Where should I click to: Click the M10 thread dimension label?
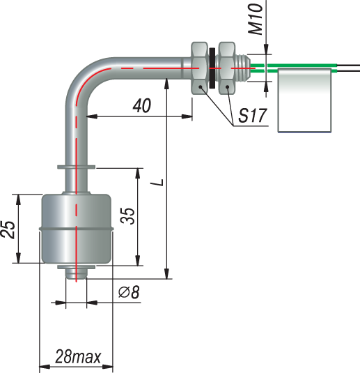coord(256,20)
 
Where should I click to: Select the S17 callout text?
coord(252,116)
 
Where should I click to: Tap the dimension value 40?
coord(141,105)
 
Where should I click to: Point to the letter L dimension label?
coord(157,182)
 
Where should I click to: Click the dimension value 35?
coord(127,215)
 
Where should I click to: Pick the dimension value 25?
coord(8,229)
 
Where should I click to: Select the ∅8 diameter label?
coord(129,292)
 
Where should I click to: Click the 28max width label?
coord(78,356)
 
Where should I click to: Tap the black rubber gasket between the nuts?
coord(212,68)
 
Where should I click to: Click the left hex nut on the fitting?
coord(200,68)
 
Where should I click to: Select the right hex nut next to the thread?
coord(227,68)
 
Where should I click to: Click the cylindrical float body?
coord(76,229)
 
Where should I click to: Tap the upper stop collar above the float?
coord(76,167)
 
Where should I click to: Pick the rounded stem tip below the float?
coord(76,274)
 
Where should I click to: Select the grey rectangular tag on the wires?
coord(304,100)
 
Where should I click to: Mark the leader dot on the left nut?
coord(201,87)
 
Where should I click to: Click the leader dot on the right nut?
coord(228,87)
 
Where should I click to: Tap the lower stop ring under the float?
coord(76,267)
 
